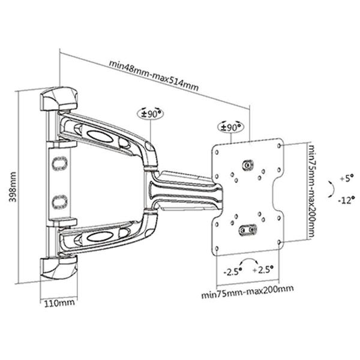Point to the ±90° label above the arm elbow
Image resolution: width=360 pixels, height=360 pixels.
(x=151, y=113)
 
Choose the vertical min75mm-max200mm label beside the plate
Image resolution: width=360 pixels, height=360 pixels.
(x=311, y=191)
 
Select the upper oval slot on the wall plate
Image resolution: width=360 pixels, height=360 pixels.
(x=58, y=163)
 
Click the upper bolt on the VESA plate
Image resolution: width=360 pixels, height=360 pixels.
(x=247, y=165)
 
